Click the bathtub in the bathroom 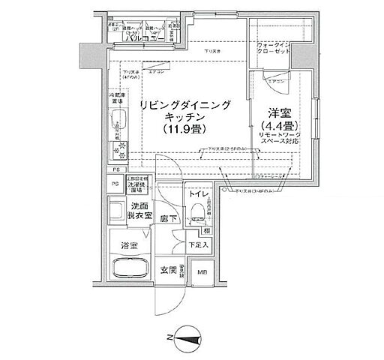[130, 270]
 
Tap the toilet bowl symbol [203, 221]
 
